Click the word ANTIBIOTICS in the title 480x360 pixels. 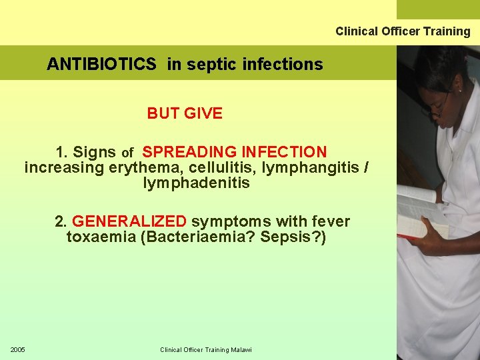tap(101, 65)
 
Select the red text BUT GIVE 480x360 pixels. tap(185, 113)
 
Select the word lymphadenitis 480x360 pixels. tap(196, 183)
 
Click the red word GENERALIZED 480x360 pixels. tap(129, 221)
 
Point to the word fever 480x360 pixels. tap(331, 221)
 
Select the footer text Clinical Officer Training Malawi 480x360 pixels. tap(204, 350)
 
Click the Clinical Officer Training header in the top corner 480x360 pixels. tap(403, 31)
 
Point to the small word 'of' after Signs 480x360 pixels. tap(128, 154)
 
